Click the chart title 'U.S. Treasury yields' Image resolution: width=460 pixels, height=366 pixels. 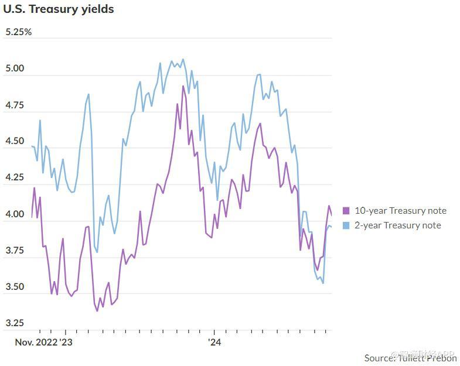coord(59,9)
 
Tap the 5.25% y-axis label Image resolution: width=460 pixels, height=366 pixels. coord(19,32)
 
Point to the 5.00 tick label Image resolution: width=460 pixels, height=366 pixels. coord(15,69)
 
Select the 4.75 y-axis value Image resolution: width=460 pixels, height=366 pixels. coord(15,105)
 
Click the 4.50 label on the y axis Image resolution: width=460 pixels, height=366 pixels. coord(15,142)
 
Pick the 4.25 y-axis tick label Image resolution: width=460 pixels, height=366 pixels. coord(15,178)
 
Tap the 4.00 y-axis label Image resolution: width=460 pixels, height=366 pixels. coord(15,215)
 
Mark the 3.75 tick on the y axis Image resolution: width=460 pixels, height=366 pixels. coord(15,251)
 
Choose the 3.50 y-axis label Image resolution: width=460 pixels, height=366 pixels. coord(15,287)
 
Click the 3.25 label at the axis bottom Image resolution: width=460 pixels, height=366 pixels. coord(15,323)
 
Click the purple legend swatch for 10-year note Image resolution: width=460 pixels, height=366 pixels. coord(346,211)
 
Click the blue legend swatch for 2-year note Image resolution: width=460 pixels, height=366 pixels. coord(346,225)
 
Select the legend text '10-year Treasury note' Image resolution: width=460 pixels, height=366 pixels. coord(401,211)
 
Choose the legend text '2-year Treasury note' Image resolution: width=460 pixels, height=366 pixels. coord(398,225)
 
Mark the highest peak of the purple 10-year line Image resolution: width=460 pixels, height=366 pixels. coord(183,87)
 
